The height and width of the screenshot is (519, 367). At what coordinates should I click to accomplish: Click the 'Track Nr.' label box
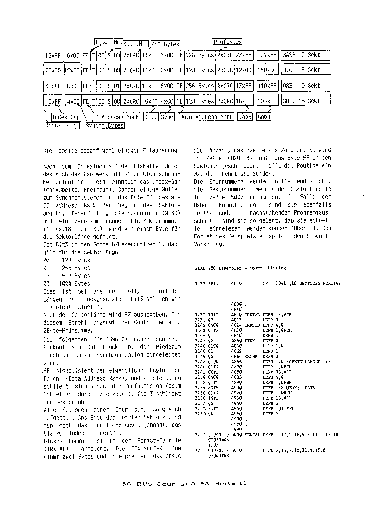point(108,42)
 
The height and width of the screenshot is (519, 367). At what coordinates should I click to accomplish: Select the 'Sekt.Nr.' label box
point(136,44)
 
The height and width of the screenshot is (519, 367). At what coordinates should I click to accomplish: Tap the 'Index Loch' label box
point(62,125)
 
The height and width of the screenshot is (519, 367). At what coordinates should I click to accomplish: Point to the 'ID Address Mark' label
point(115,117)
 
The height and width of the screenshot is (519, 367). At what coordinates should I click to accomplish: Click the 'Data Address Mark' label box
point(206,117)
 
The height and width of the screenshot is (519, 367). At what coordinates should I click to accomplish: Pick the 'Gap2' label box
point(151,117)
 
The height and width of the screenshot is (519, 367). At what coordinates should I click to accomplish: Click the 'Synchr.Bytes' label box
point(105,126)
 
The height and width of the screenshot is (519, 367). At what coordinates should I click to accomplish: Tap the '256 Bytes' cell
point(200,86)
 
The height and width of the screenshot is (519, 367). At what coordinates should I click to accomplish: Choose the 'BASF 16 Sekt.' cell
point(305,55)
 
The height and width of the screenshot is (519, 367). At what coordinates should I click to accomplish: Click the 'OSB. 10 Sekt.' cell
point(305,86)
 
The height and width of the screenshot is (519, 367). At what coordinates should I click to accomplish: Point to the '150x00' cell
point(267,70)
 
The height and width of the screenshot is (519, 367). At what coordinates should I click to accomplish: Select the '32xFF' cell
point(53,86)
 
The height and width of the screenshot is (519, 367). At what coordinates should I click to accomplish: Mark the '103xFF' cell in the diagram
point(267,101)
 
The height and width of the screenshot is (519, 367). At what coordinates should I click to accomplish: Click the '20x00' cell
point(53,70)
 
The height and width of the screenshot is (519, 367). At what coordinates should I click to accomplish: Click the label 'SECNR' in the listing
point(251,357)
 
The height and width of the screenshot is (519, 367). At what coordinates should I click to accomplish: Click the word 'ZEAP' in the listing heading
point(200,268)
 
